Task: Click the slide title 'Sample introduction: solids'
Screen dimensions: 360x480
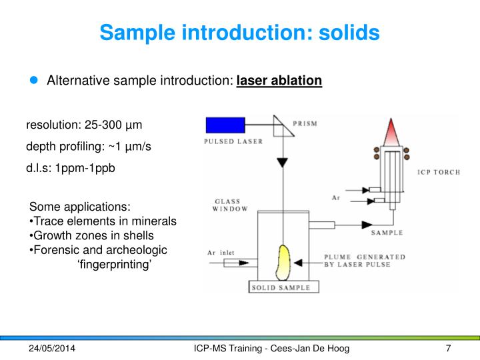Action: [240, 31]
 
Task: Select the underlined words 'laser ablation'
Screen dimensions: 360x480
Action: [279, 81]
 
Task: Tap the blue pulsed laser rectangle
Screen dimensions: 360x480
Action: [226, 125]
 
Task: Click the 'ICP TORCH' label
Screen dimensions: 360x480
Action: [438, 173]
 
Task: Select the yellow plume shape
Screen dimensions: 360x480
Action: [285, 262]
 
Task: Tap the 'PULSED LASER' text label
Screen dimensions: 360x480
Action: [233, 141]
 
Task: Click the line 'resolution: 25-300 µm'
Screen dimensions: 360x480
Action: [84, 125]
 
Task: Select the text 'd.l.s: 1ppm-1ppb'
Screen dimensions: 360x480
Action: [71, 167]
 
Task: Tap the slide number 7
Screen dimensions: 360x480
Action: [448, 349]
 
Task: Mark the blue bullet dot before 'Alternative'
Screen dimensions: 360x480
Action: [35, 81]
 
